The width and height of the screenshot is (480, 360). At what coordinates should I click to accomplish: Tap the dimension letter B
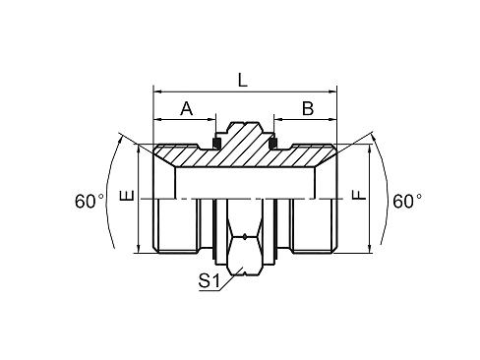306,109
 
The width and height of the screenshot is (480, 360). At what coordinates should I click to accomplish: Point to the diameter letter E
125,198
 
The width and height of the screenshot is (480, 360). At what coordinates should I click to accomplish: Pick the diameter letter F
360,197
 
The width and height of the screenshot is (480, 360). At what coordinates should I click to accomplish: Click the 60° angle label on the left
89,201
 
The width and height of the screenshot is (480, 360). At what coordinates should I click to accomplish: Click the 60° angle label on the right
406,201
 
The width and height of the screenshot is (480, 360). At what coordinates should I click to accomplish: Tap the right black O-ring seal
272,147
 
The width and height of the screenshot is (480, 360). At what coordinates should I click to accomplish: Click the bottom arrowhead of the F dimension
371,250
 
